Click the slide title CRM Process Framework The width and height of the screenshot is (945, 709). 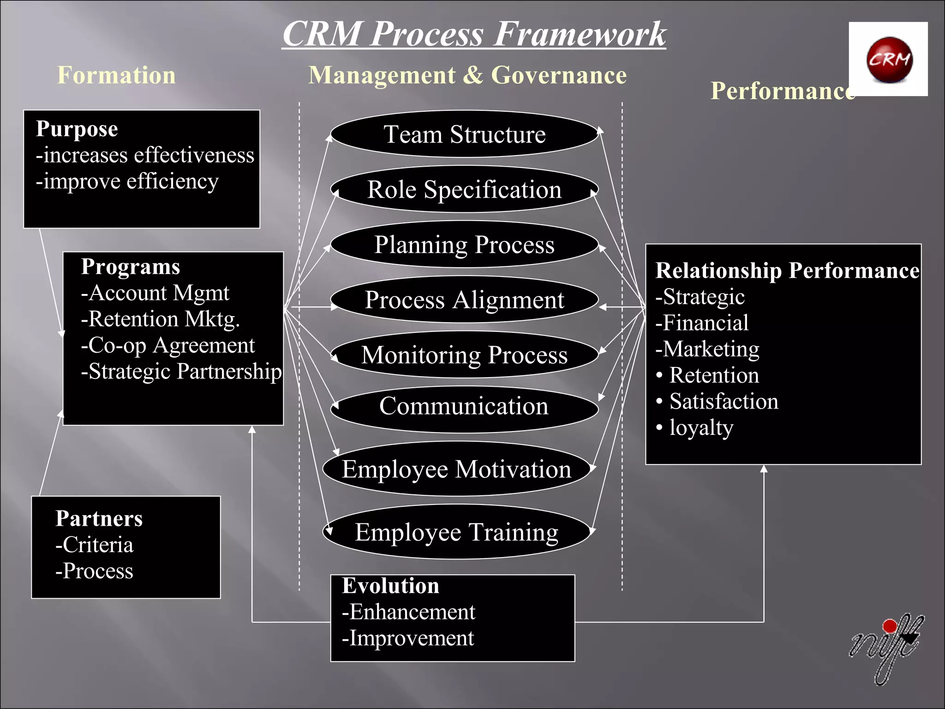tap(474, 35)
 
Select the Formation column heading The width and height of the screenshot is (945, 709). tap(116, 75)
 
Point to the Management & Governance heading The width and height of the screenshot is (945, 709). tap(467, 75)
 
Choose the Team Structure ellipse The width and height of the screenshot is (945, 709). tap(465, 134)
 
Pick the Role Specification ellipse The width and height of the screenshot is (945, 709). tap(465, 189)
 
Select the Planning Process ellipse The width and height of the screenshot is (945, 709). tap(465, 245)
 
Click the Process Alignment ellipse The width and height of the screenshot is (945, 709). tap(465, 300)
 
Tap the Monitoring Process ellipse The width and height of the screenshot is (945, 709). tap(465, 355)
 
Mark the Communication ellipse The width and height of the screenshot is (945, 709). tap(465, 406)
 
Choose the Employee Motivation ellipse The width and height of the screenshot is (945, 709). tap(457, 469)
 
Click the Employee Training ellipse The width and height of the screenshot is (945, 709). tap(457, 532)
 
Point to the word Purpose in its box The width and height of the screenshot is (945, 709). tap(77, 129)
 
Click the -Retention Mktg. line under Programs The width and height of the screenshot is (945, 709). tap(160, 319)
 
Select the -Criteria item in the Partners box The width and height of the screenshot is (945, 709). tap(95, 545)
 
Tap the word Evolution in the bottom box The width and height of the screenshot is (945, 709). tap(391, 586)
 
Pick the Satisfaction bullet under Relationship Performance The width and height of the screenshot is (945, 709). tap(723, 402)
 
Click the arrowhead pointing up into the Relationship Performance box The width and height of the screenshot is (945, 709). tap(764, 469)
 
